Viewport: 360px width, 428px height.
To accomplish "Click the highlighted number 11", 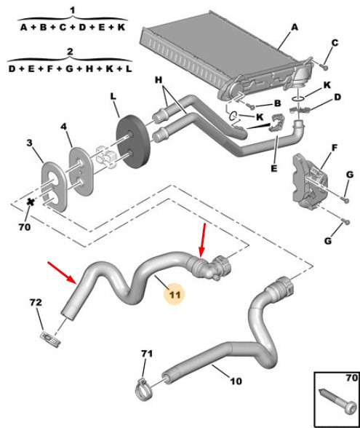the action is pos(175,295).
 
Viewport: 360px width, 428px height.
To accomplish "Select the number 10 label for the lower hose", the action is pos(236,381).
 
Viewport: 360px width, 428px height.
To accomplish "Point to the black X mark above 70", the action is pos(31,202).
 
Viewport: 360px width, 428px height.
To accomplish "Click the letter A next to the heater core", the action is pos(295,28).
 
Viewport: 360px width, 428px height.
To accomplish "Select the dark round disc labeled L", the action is pos(133,141).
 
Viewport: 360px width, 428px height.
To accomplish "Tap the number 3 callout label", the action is pos(29,143).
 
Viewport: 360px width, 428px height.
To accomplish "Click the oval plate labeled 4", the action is pos(81,172).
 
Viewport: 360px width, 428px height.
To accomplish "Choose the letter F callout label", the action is pos(335,148).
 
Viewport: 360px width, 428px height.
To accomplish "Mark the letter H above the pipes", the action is pos(159,80).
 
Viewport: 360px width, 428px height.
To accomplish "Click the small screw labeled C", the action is pos(324,67).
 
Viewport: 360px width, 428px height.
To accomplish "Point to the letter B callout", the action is pos(277,103).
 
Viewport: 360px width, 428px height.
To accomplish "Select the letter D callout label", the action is pos(337,97).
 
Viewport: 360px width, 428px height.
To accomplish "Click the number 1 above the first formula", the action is pos(72,11).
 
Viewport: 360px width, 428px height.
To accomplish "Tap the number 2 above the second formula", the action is pos(70,52).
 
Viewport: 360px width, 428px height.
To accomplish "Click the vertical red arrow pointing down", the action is pos(203,239).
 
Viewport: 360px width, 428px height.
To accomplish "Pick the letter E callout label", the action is pos(274,168).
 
